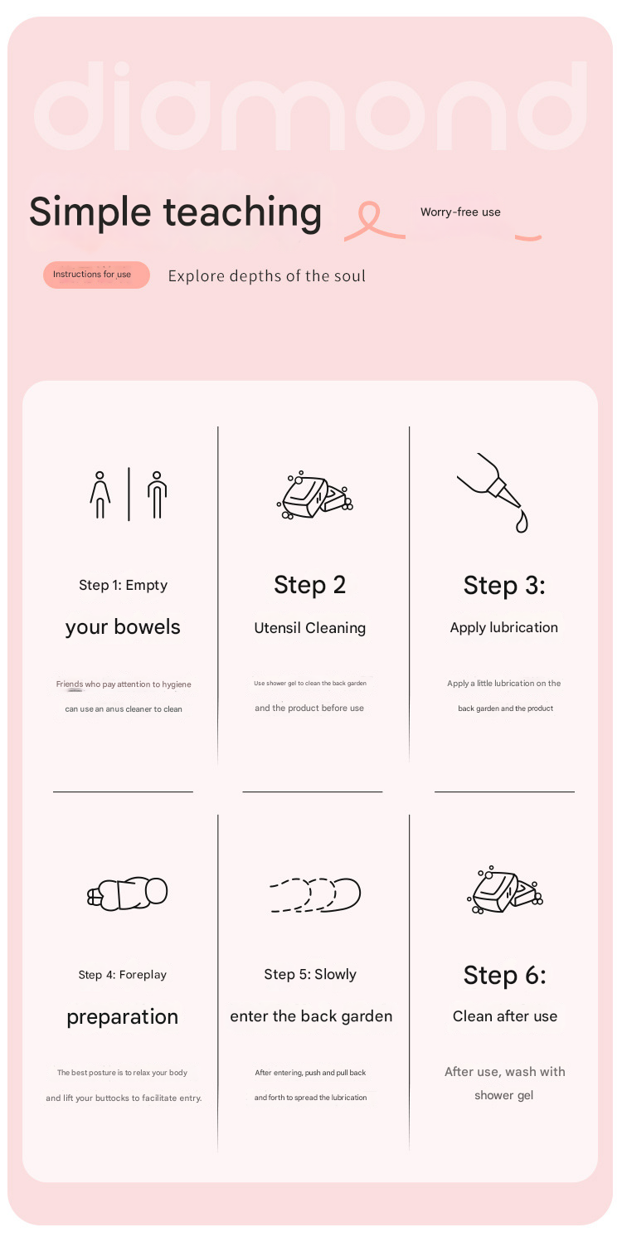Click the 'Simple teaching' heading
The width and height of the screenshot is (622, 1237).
(x=176, y=213)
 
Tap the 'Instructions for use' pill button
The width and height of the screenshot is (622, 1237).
(x=96, y=275)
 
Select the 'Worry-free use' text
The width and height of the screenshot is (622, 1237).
(x=460, y=212)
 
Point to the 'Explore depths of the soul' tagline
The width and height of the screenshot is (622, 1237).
(x=266, y=275)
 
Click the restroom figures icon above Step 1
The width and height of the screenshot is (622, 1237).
(x=129, y=494)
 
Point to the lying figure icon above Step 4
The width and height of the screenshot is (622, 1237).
(x=128, y=893)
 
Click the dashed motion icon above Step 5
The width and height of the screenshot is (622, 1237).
(x=314, y=894)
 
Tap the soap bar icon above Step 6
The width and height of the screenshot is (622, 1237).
(x=505, y=889)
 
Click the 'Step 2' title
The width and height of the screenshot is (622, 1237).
(x=309, y=586)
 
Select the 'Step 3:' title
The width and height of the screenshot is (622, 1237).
(x=504, y=586)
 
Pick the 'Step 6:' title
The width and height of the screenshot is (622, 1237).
(x=504, y=975)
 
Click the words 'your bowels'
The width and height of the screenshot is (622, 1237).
(x=123, y=628)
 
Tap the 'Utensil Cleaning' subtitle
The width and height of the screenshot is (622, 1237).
(x=309, y=628)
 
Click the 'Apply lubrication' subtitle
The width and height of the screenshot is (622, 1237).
(x=504, y=628)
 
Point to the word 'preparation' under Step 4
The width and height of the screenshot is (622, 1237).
(x=123, y=1017)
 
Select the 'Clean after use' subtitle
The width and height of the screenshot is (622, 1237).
(x=505, y=1016)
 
